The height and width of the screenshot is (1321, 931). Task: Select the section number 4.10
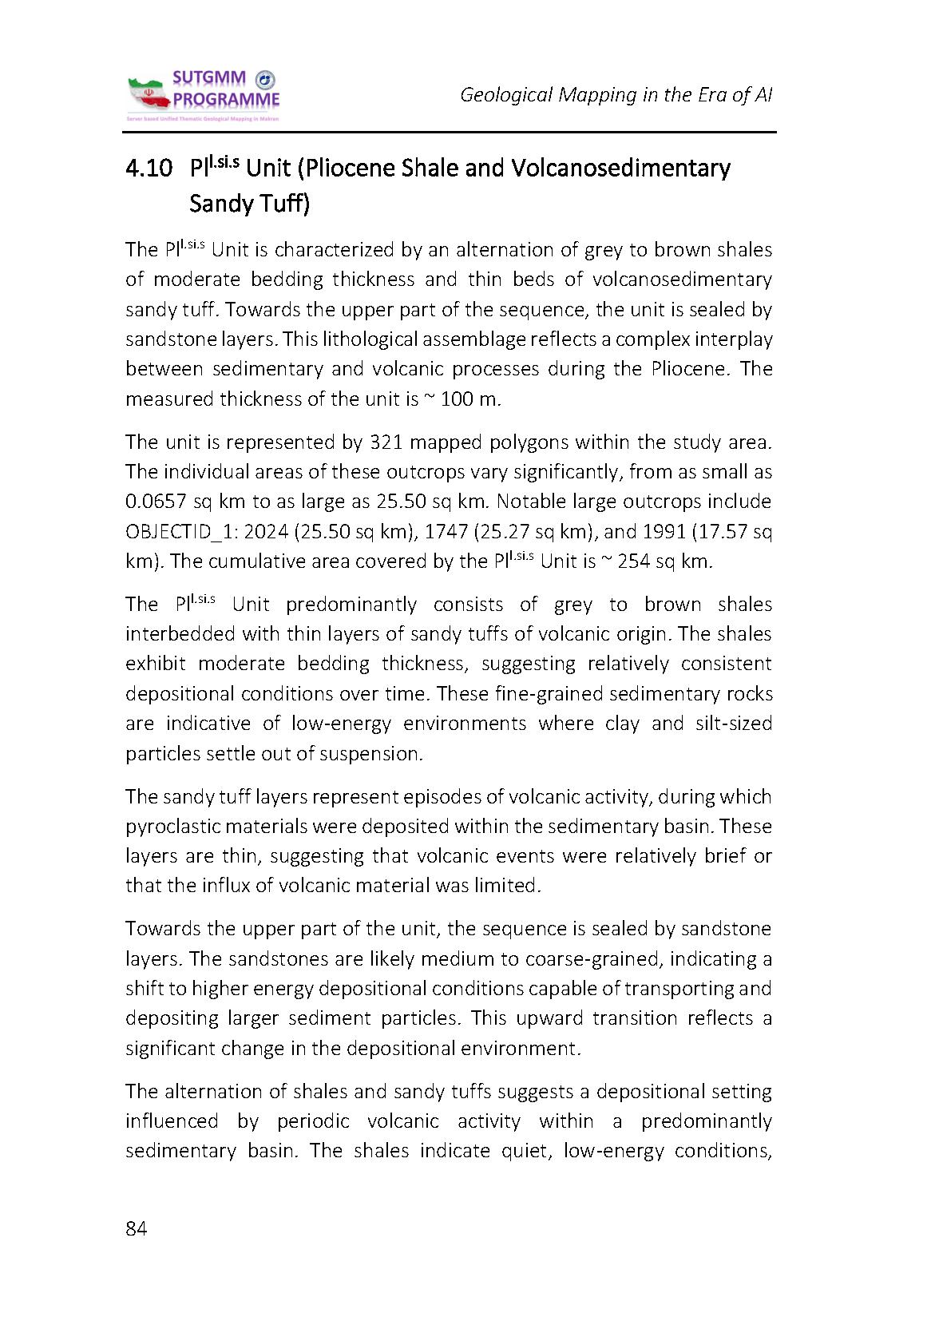(x=149, y=169)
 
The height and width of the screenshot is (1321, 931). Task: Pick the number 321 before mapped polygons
(x=387, y=442)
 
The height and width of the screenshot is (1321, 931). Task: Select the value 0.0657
(x=155, y=502)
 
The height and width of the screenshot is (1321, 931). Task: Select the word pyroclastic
(x=171, y=826)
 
